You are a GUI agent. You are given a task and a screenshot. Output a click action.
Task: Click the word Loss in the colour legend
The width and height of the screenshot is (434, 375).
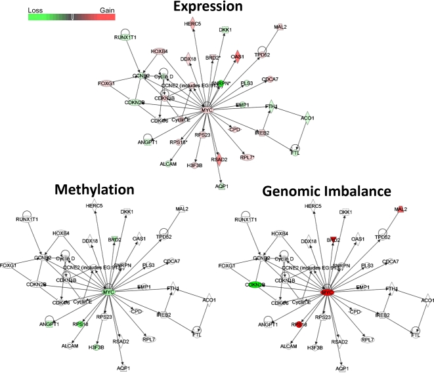(x=37, y=10)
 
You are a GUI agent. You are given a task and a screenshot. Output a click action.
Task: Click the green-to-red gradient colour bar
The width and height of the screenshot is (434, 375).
(x=72, y=18)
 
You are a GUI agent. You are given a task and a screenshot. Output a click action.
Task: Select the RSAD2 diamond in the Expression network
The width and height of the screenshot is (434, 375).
(x=219, y=159)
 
